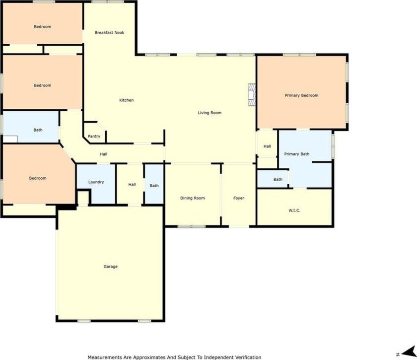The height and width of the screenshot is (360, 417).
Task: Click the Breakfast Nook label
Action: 109,33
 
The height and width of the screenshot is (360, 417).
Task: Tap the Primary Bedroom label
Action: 301,95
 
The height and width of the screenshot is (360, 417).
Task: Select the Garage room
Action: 110,267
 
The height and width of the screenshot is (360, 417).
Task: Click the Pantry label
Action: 94,137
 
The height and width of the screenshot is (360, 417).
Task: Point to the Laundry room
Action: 96,182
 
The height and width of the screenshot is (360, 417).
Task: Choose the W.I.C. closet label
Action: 294,211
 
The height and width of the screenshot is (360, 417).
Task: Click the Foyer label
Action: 239,198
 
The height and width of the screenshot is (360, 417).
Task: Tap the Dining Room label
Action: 192,198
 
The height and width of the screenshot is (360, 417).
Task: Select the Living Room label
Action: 209,113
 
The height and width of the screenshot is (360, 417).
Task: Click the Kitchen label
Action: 126,100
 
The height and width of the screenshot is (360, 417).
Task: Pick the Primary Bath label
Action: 296,154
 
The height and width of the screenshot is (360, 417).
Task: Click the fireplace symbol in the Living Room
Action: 252,95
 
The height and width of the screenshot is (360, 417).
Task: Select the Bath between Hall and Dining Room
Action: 154,186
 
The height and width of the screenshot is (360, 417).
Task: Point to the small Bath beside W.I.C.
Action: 278,180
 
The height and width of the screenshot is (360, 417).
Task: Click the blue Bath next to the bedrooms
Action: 38,130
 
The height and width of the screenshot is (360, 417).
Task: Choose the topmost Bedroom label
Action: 42,27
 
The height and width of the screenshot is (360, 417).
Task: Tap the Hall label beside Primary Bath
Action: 267,146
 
